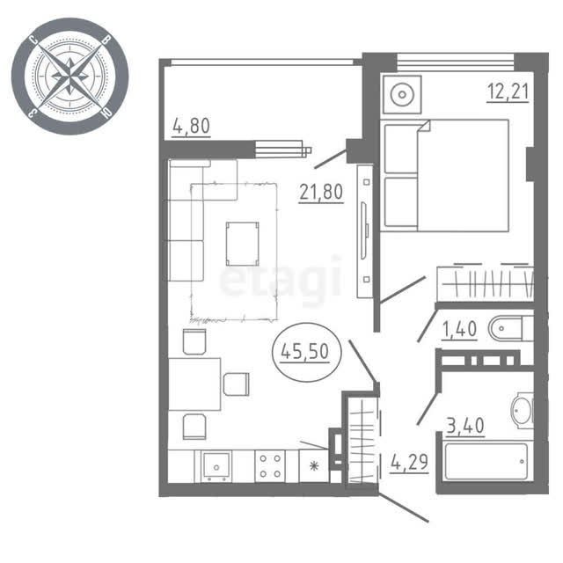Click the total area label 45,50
point(304,352)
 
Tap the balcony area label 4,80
point(192,126)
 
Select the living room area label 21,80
point(321,193)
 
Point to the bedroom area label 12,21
point(508,91)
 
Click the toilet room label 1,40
point(459,329)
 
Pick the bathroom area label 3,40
point(465,426)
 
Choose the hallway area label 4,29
point(409,462)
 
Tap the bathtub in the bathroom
point(486,462)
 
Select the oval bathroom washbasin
point(522,411)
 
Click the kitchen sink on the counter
point(216,465)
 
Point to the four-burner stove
point(270,466)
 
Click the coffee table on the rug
point(243,244)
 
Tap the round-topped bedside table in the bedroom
point(402,94)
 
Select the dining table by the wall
point(194,384)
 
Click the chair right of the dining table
point(237,384)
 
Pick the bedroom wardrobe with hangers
point(485,283)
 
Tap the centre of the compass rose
point(70,77)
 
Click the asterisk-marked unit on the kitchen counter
point(314,466)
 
